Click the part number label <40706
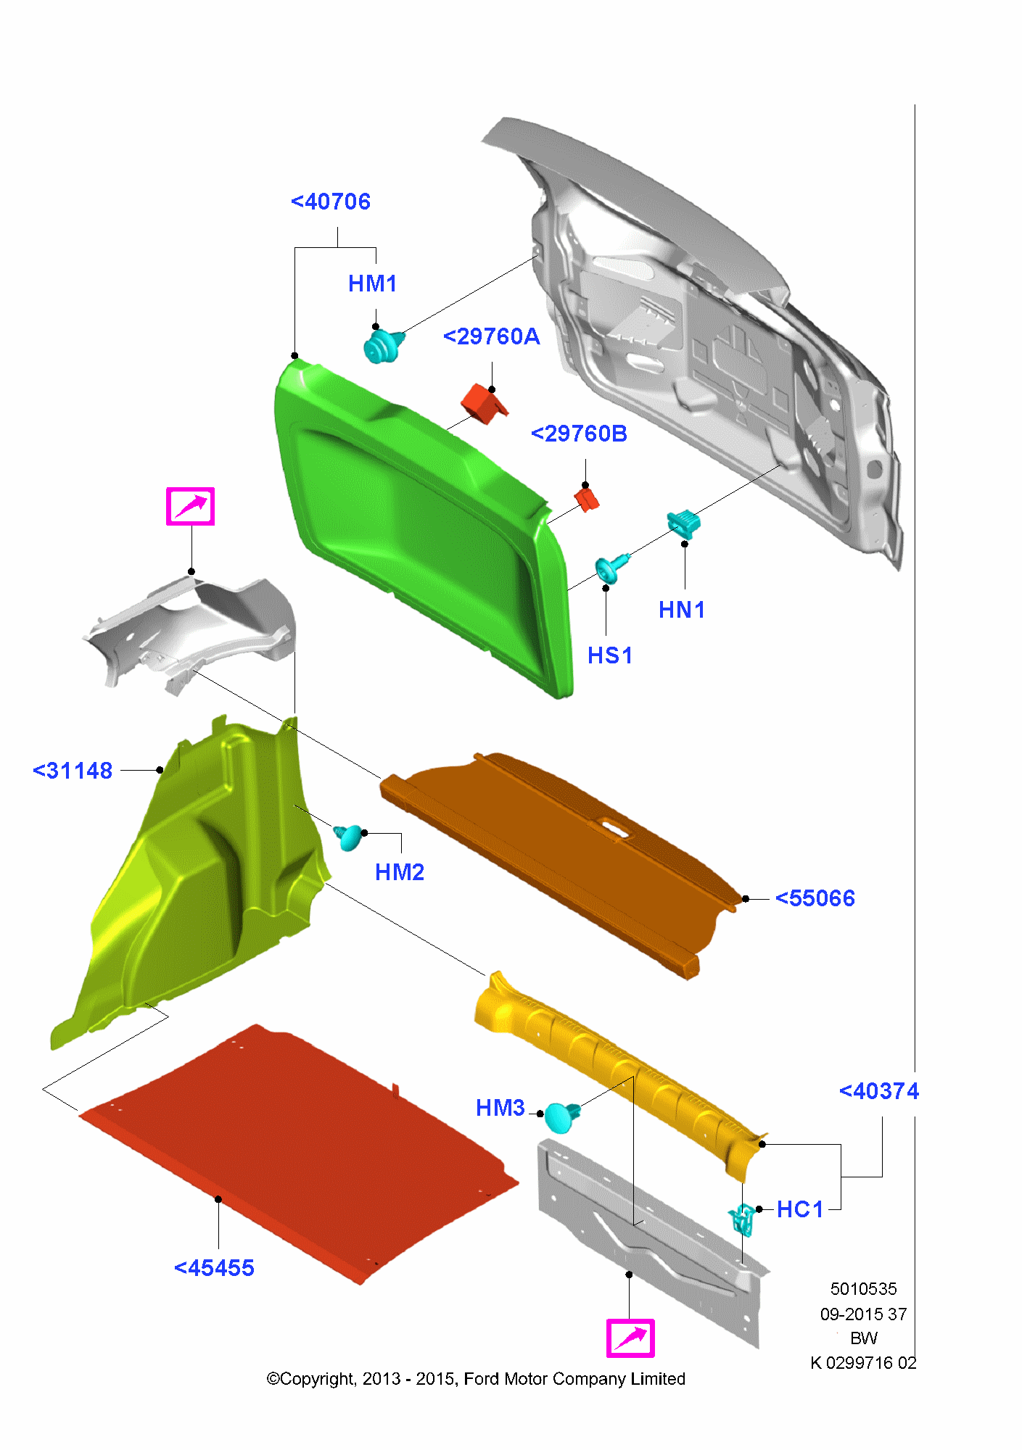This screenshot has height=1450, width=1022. point(331,202)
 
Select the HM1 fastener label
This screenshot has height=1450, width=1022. point(373,283)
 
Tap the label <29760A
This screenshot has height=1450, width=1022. point(492,336)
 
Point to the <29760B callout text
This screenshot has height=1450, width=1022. point(580,434)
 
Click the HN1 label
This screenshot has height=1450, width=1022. point(682,610)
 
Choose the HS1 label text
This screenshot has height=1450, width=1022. point(610,655)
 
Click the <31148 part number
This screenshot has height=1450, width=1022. point(73,771)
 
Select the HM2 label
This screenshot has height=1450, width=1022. point(400,872)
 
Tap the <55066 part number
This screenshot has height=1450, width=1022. point(815,898)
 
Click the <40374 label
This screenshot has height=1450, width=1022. point(879,1091)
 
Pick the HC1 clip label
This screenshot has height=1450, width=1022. point(800,1209)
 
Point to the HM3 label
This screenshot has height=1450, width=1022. point(500,1108)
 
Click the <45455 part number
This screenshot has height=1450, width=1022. point(215,1268)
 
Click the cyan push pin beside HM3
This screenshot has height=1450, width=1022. point(562,1116)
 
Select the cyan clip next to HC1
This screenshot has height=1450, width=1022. point(741,1219)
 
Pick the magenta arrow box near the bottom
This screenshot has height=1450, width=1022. point(630,1338)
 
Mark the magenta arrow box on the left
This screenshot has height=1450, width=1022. point(190,506)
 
